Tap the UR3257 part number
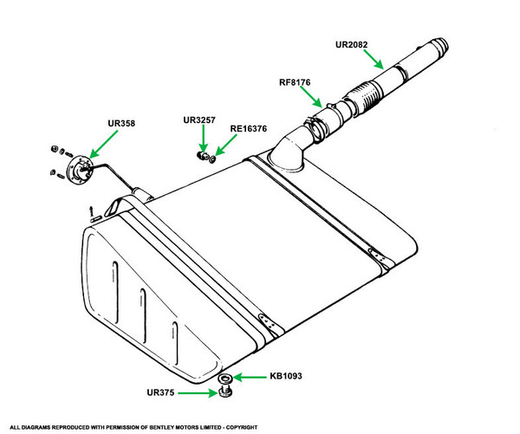click(x=200, y=120)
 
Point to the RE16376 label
click(x=249, y=129)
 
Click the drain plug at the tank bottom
click(x=224, y=394)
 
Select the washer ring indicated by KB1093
click(x=224, y=379)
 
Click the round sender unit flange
click(x=81, y=166)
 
